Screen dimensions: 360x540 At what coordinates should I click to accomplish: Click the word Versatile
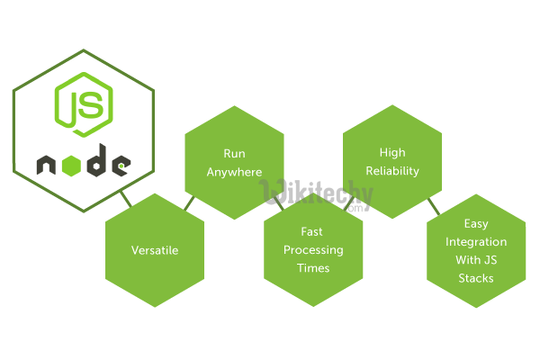[x=155, y=250]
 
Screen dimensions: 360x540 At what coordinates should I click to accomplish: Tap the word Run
[x=234, y=154]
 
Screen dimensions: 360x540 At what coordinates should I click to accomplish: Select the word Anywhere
[x=234, y=172]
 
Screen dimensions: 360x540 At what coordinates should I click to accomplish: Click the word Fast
[x=313, y=232]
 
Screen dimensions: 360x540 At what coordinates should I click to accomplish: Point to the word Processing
[x=313, y=250]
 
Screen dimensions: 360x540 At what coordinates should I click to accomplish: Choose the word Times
[x=313, y=268]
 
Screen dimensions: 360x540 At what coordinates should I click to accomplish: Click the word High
[x=392, y=153]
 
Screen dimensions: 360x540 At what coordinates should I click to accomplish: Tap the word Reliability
[x=392, y=171]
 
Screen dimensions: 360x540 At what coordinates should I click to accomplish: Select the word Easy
[x=476, y=223]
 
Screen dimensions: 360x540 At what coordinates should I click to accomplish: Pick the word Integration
[x=476, y=241]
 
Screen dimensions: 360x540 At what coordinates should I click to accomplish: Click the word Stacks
[x=476, y=278]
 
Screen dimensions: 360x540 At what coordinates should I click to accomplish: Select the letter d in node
[x=96, y=163]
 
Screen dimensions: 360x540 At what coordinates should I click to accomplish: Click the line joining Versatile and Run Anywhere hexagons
[x=188, y=204]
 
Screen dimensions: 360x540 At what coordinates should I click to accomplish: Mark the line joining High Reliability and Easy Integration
[x=433, y=209]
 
